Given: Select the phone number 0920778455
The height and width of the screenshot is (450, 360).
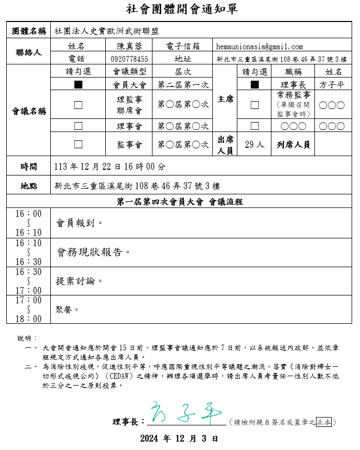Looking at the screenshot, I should tap(129, 59).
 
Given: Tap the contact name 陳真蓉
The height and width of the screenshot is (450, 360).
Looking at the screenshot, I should tap(129, 46).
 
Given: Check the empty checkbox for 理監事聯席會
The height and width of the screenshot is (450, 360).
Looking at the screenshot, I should tap(78, 105).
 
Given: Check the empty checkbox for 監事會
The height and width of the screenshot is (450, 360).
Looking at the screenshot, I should tap(78, 144).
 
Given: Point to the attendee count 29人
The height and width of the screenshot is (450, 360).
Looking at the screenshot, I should tap(255, 144).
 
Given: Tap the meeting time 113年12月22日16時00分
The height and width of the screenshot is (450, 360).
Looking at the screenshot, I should tap(110, 167).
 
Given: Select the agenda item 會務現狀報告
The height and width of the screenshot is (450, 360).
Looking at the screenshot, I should tap(93, 252).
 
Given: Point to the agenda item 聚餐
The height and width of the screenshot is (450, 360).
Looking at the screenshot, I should tap(67, 309).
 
